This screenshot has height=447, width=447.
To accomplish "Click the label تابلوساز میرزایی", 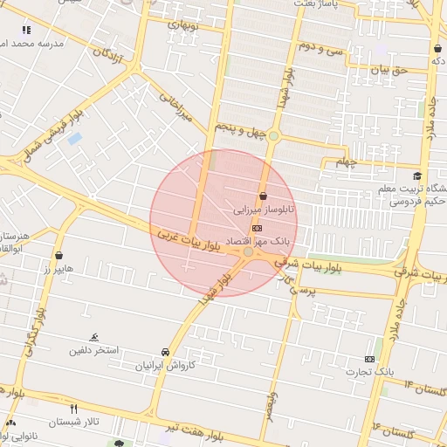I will tap(263, 210).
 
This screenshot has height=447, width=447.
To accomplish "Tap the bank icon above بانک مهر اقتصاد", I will tap(256, 226).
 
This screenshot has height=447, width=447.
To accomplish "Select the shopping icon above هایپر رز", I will tap(58, 256).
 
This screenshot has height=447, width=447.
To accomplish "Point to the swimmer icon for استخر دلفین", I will tap(94, 338).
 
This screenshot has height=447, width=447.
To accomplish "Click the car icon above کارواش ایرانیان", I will tap(166, 352).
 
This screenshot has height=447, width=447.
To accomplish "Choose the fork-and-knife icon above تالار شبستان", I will tap(73, 408).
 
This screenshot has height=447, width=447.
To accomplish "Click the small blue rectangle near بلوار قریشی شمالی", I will tap(74, 138).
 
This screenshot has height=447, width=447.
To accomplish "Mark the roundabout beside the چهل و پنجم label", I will tap(274, 136).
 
